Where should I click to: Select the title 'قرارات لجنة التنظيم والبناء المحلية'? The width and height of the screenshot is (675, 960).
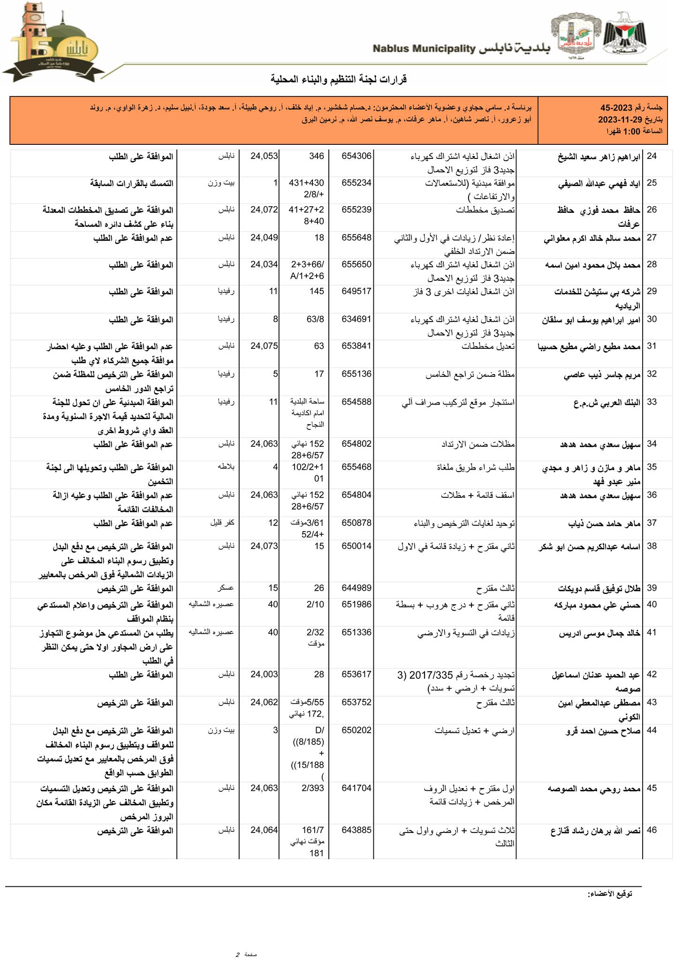point(338,79)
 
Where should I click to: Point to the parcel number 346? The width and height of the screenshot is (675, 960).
point(317,156)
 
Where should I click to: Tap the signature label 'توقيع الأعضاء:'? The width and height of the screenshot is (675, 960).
point(610,894)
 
